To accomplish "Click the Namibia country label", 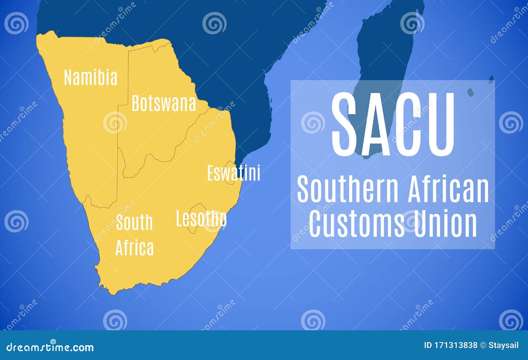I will (90, 78).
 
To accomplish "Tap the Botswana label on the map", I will (164, 103).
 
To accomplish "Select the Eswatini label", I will (234, 173).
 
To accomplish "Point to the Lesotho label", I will (201, 219).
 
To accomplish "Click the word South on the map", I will (134, 222).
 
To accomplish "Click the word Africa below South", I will (134, 248).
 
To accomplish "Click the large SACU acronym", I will (393, 125).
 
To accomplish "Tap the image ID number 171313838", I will (451, 345).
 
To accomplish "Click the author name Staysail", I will (504, 345).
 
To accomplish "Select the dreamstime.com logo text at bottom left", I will (50, 347).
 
